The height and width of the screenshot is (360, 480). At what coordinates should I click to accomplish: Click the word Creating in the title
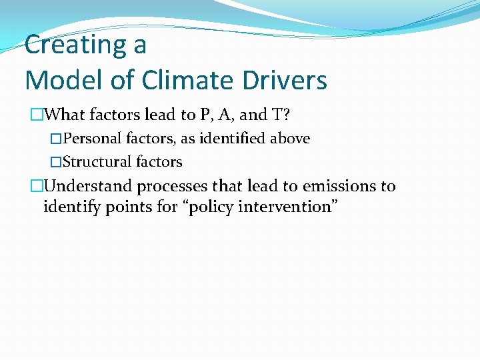click(x=69, y=45)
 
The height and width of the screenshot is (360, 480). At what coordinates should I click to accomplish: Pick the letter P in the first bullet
click(x=204, y=115)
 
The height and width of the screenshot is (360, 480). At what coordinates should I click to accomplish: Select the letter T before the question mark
click(x=277, y=115)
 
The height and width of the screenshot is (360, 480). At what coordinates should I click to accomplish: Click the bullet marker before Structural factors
click(x=56, y=162)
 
